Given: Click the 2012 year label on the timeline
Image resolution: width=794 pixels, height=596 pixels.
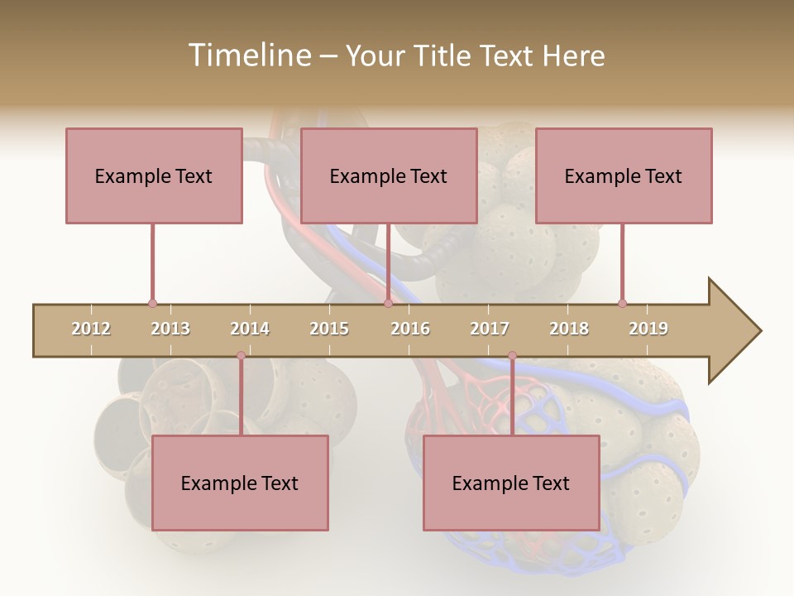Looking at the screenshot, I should (91, 329).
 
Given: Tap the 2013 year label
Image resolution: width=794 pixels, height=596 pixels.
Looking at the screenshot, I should (170, 329).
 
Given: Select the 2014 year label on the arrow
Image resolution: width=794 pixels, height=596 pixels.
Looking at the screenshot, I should (250, 329).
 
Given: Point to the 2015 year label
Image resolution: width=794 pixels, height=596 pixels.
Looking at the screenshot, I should (329, 329).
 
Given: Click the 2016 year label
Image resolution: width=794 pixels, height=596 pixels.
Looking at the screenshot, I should (410, 329).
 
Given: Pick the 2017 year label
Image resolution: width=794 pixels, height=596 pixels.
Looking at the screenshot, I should (490, 329).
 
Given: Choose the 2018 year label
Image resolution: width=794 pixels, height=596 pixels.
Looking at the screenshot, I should (569, 329).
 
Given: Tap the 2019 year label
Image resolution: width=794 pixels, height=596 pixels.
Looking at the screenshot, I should (648, 329).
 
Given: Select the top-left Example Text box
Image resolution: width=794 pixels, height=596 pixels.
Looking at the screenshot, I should (154, 175).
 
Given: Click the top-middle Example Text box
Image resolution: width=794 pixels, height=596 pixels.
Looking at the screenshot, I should (389, 175).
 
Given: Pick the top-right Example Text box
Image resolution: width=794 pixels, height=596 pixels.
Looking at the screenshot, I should (624, 175).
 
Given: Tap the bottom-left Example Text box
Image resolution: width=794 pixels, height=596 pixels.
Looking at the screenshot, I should (240, 483).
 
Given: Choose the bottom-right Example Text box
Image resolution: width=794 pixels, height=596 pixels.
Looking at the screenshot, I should (511, 483).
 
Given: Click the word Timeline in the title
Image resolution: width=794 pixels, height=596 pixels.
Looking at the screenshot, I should (248, 55).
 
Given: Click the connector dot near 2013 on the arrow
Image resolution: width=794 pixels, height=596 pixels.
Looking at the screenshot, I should (152, 304).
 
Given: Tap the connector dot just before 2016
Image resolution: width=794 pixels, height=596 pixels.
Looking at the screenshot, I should (389, 304).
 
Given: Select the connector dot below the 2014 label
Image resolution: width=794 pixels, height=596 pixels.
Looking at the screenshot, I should (241, 356).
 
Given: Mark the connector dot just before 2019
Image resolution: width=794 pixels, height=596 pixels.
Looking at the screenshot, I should (622, 304).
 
